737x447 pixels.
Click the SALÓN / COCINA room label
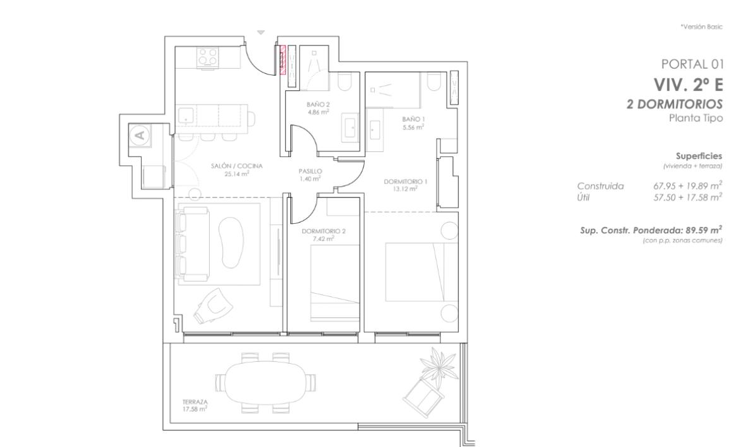(x=236, y=166)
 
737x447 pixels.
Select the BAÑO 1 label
(x=413, y=120)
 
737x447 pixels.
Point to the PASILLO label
(x=310, y=171)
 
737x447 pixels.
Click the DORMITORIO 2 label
(x=323, y=231)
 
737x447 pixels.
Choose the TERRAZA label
(x=195, y=402)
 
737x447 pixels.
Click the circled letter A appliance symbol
(x=140, y=135)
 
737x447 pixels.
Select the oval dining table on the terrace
(x=266, y=383)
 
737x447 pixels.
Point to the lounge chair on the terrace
(x=423, y=398)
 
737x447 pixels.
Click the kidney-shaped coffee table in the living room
(x=231, y=241)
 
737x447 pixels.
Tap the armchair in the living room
(x=214, y=306)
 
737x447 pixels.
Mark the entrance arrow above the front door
(x=261, y=32)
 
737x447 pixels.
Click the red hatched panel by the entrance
(x=283, y=61)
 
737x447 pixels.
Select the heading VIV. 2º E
(x=688, y=84)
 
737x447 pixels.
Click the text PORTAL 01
(x=692, y=64)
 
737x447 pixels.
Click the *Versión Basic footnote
(x=701, y=27)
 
